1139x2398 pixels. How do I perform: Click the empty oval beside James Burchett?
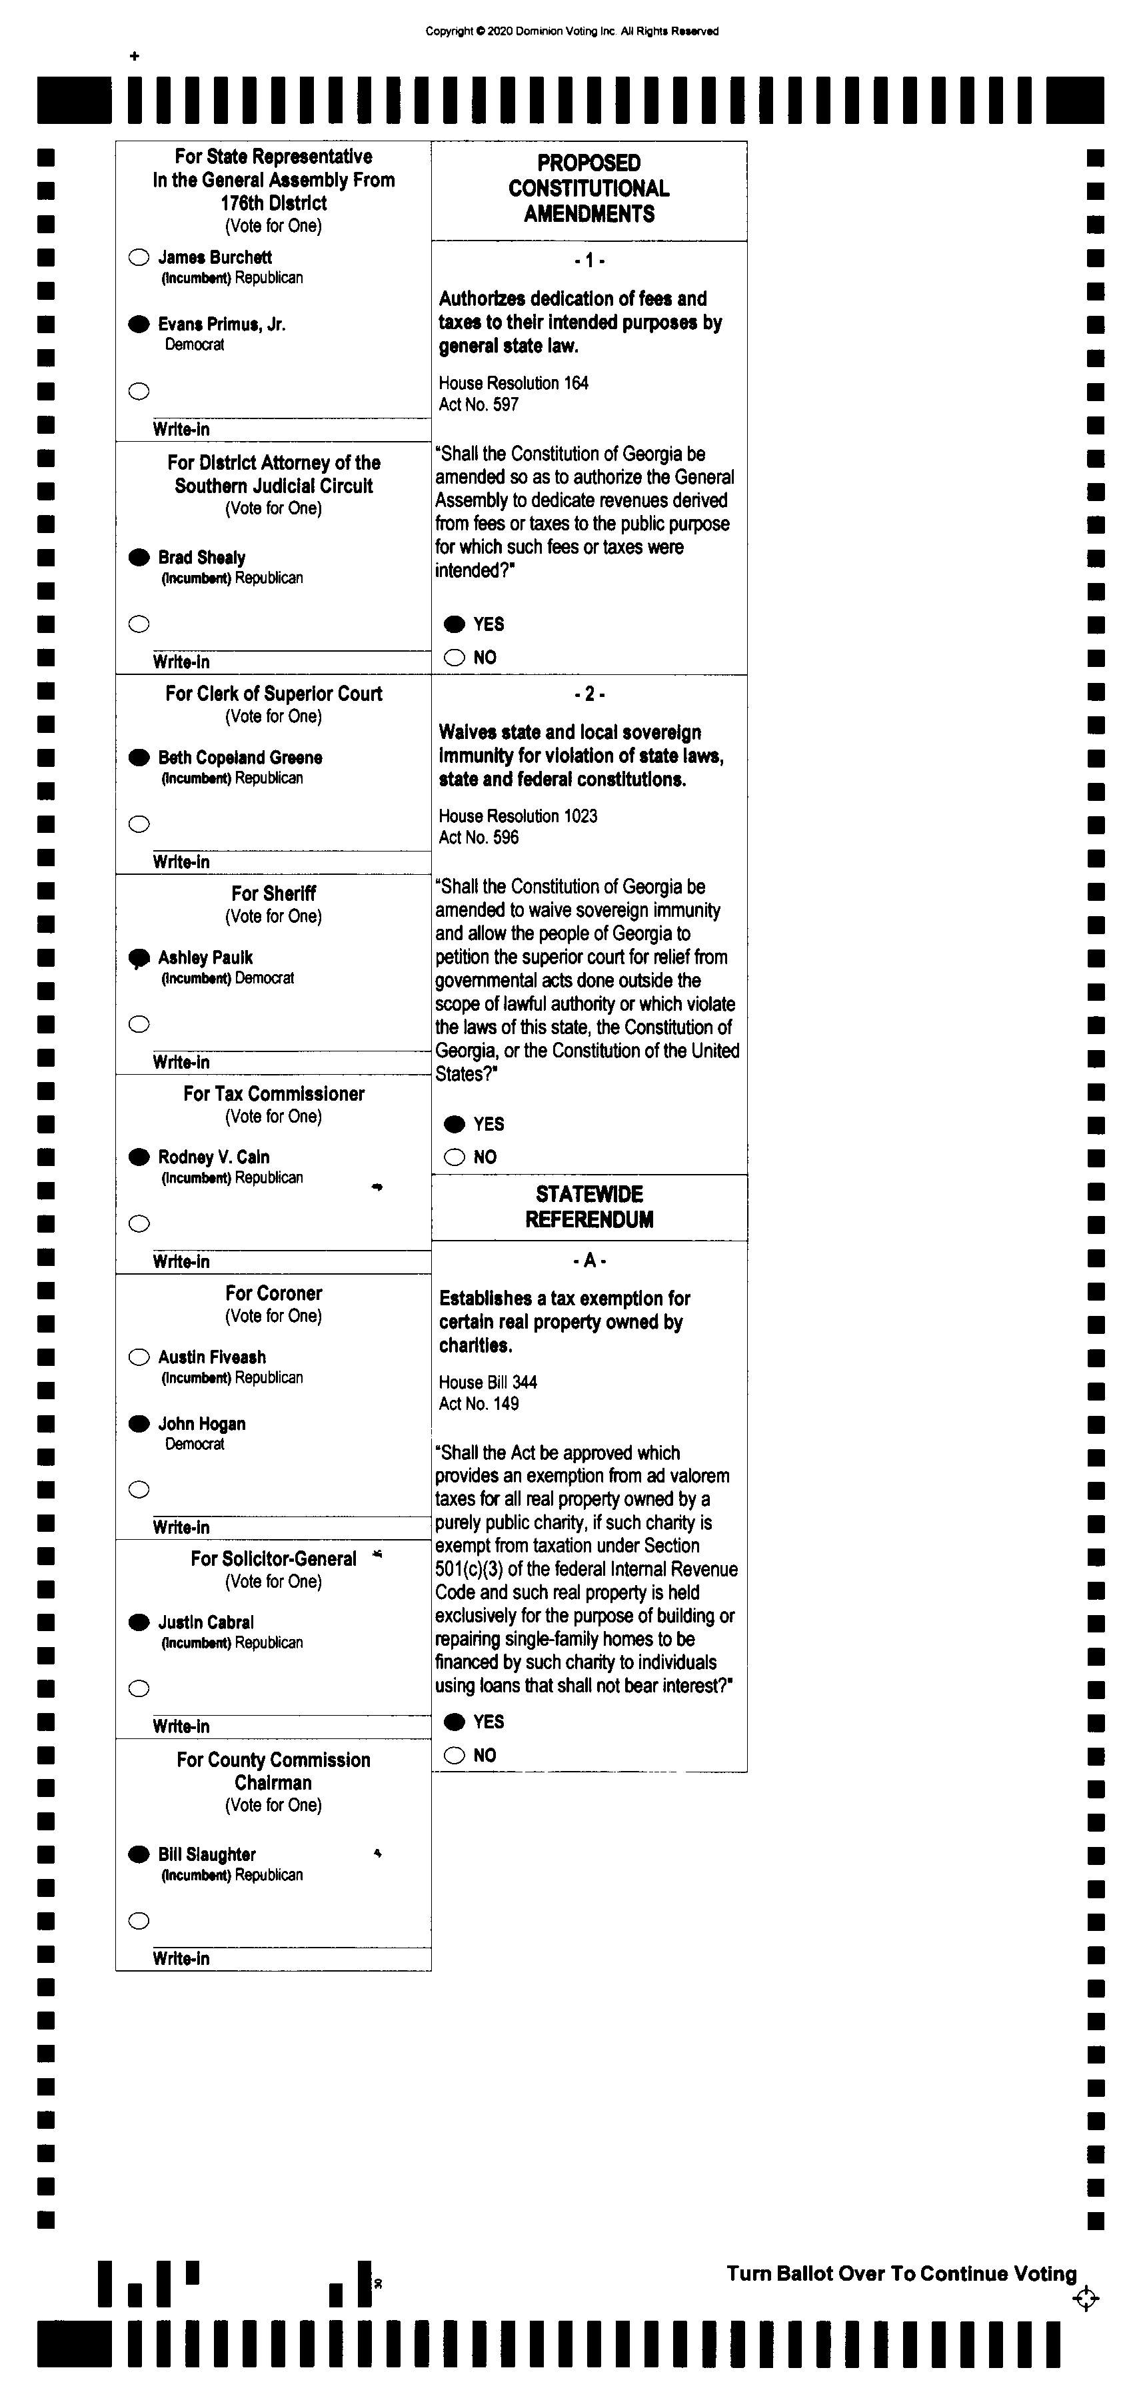[139, 258]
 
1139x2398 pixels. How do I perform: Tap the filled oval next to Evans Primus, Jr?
[139, 324]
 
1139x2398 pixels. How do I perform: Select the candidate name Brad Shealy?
[201, 558]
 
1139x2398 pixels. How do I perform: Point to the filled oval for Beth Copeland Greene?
[139, 758]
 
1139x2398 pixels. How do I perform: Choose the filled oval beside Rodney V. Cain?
[139, 1157]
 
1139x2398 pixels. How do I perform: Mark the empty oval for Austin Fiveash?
[139, 1357]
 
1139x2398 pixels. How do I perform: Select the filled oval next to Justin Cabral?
[139, 1622]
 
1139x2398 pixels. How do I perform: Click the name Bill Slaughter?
[207, 1854]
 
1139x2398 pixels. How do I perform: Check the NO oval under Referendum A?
[455, 1756]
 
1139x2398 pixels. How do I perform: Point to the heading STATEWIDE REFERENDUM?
[588, 1207]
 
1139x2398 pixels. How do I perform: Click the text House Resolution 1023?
[518, 816]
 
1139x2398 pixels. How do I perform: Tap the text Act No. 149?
[479, 1404]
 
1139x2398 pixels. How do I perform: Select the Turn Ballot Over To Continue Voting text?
[900, 2274]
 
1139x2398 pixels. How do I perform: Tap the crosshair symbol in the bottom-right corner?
[1085, 2299]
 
